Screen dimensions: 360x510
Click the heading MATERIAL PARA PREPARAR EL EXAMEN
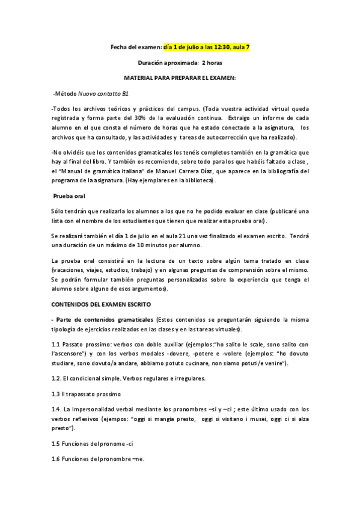(180, 78)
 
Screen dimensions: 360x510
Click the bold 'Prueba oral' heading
(69, 196)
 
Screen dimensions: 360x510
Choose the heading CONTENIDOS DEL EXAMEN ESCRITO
(101, 305)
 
